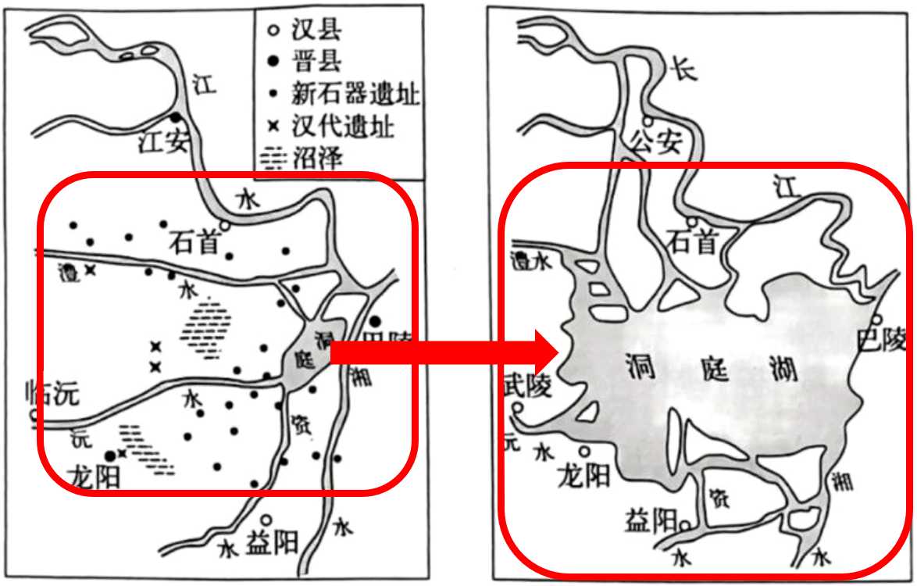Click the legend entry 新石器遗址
coord(355,95)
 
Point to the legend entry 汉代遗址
coord(341,126)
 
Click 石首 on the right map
coord(692,244)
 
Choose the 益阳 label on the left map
coord(272,542)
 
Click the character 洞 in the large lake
coord(640,366)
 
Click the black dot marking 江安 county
coord(174,118)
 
